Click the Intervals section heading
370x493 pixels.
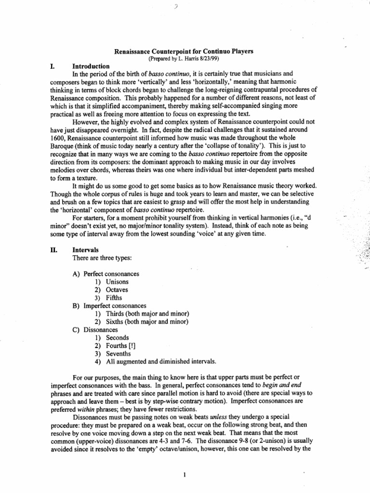pyautogui.click(x=85, y=250)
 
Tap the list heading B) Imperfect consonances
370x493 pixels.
pyautogui.click(x=115, y=306)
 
